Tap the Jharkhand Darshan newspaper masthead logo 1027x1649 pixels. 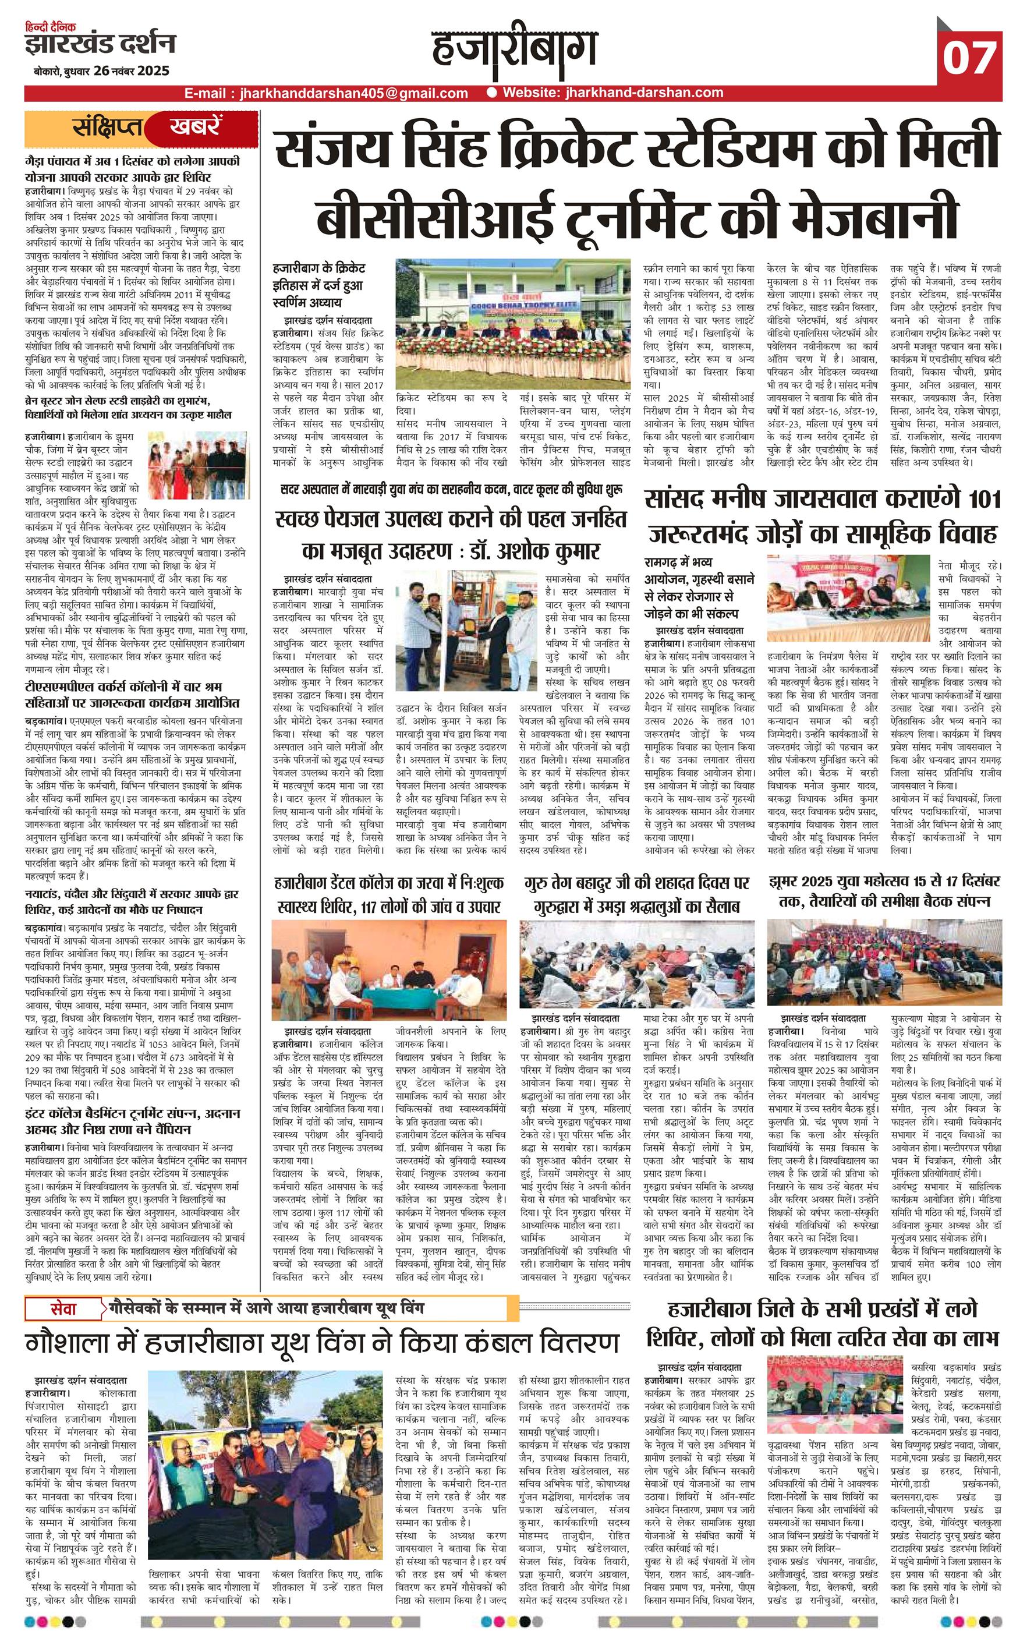pos(99,43)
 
